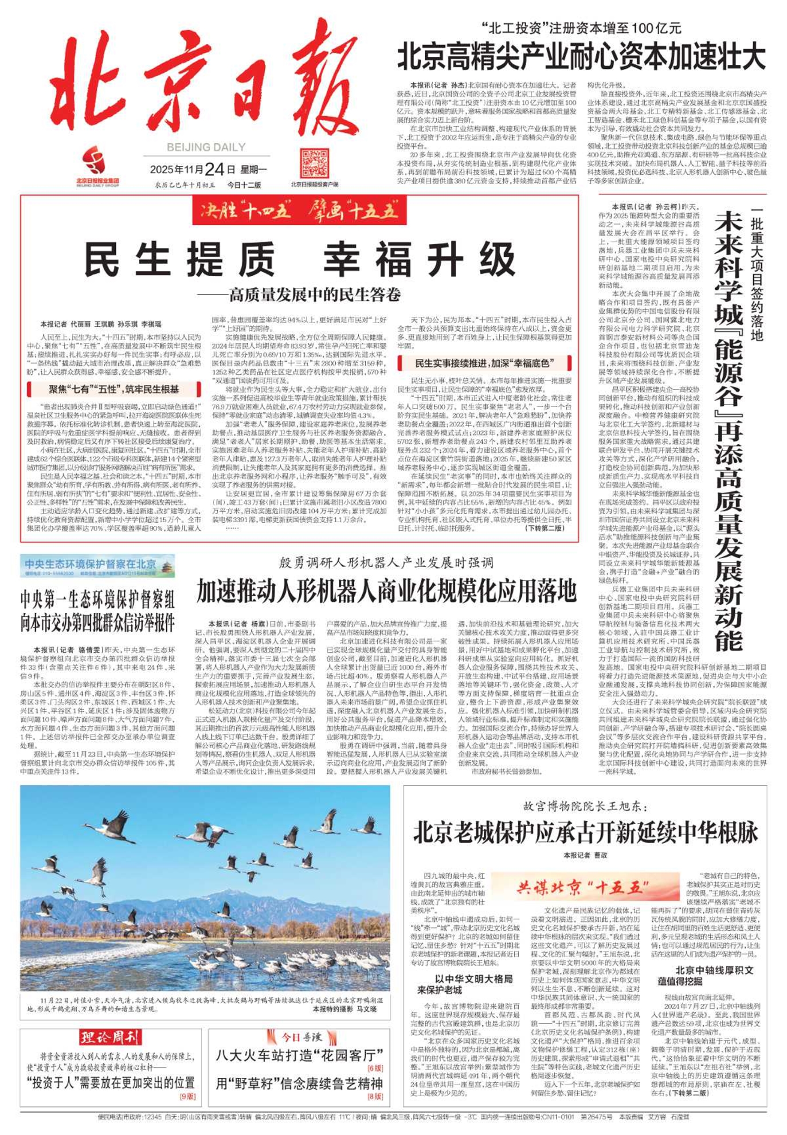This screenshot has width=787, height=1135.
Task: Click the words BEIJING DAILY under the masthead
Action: point(206,147)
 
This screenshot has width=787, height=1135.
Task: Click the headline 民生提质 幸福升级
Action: point(300,260)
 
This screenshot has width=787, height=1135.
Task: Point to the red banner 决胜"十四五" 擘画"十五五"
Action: point(299,211)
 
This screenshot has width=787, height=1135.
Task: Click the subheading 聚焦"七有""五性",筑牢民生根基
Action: point(114,389)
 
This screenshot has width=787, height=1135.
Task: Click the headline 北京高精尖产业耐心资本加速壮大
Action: point(581,58)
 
